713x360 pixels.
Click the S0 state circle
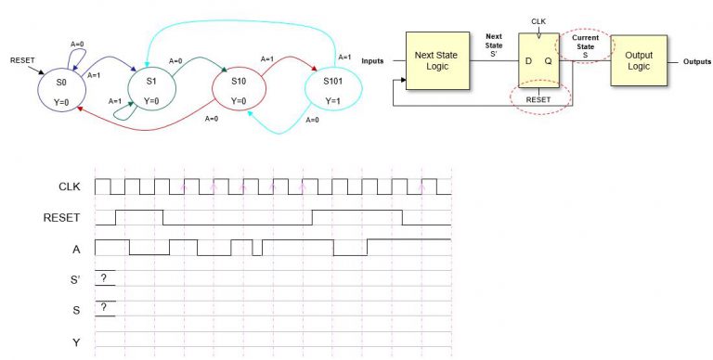[x=61, y=90]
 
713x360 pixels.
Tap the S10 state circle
[x=240, y=90]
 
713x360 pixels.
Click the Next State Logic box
[x=436, y=59]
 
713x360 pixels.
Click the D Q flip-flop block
[x=538, y=60]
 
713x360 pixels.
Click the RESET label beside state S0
[x=23, y=60]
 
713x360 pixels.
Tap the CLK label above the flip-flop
[x=538, y=19]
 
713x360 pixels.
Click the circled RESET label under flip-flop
[x=539, y=98]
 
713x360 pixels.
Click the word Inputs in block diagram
[x=373, y=61]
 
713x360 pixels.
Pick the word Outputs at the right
[x=696, y=61]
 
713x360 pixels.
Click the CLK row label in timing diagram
[x=70, y=186]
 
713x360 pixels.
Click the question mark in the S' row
[x=104, y=277]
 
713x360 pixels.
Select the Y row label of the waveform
[x=76, y=342]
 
